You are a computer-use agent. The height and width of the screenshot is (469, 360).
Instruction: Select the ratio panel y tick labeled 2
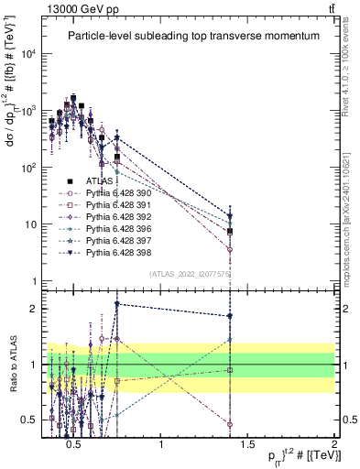pos(37,309)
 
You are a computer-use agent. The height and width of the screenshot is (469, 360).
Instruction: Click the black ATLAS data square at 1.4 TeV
pos(230,232)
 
